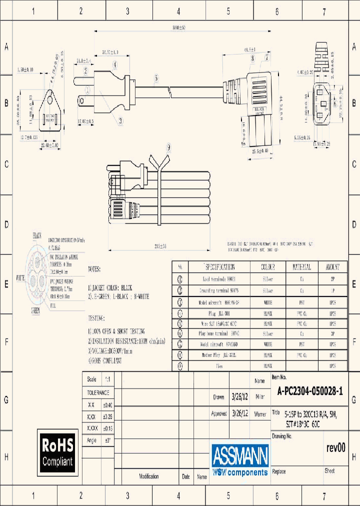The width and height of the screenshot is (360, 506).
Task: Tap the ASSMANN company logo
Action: (240, 459)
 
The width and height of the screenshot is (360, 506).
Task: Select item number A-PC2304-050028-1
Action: (310, 392)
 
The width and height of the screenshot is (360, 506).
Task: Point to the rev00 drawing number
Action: (335, 447)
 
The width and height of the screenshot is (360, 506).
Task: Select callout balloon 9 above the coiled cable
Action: (168, 147)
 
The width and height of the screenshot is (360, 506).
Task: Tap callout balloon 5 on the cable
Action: (156, 78)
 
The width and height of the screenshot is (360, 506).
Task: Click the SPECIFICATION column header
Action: (219, 267)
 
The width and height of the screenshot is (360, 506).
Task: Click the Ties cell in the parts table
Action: (219, 366)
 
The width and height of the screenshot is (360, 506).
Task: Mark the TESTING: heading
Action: (96, 318)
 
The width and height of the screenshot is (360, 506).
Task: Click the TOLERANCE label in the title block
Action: (98, 393)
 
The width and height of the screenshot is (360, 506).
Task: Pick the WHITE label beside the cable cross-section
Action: (20, 277)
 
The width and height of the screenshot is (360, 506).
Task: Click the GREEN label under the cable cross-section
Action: (35, 310)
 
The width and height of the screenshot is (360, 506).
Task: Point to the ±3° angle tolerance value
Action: (108, 440)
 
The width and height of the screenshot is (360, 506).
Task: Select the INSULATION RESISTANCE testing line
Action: (132, 342)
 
